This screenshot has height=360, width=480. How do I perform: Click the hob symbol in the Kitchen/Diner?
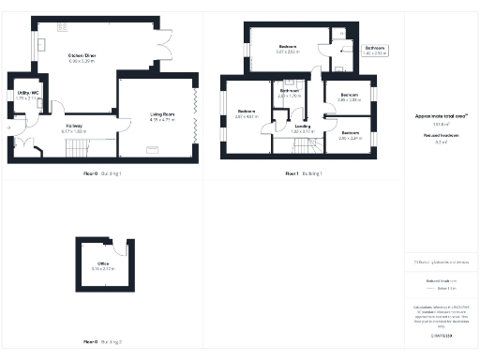(64, 26)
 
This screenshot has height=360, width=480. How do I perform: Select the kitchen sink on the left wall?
(42, 45)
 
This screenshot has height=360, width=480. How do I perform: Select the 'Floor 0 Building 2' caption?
(103, 341)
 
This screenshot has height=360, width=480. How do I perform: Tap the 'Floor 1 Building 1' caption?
(304, 173)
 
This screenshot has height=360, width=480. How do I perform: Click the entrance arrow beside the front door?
(7, 143)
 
